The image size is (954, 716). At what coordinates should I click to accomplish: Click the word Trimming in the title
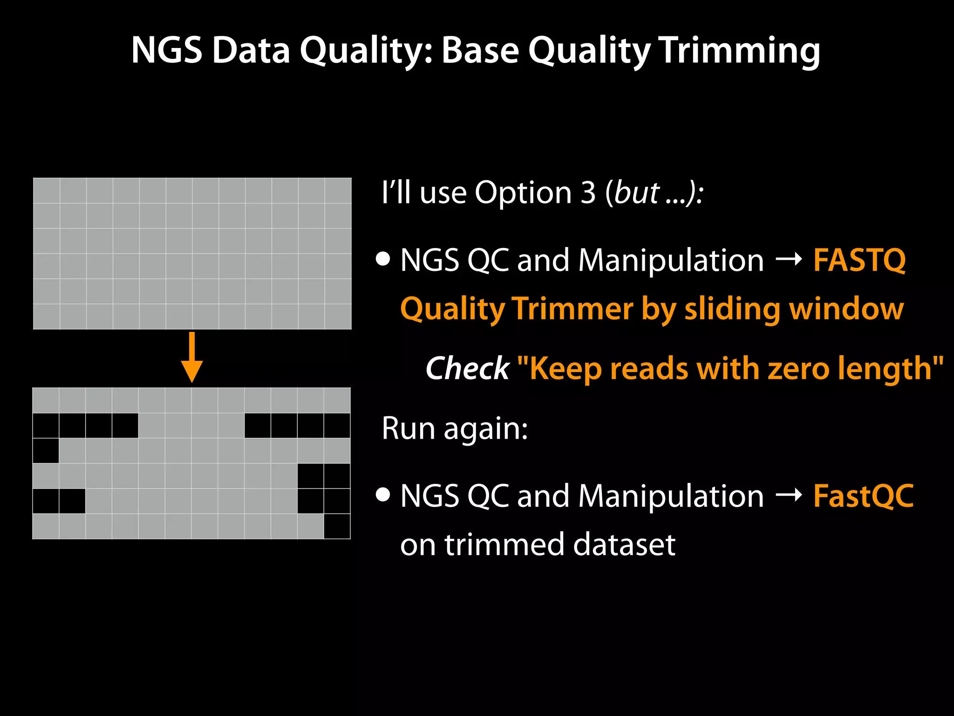(x=740, y=50)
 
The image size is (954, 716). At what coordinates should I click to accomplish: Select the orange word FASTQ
(x=859, y=260)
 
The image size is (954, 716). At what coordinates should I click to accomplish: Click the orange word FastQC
(x=863, y=496)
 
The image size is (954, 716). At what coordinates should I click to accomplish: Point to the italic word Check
(x=467, y=368)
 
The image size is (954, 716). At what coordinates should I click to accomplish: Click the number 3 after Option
(x=588, y=192)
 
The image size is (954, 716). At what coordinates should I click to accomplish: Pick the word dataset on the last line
(x=624, y=544)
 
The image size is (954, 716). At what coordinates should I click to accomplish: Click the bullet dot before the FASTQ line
(x=383, y=259)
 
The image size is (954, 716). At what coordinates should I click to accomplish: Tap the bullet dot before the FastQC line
(x=383, y=495)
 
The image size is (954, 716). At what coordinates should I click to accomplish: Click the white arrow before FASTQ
(x=789, y=259)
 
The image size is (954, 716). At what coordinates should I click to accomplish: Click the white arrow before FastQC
(x=789, y=495)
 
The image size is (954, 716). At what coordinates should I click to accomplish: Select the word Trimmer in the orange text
(x=572, y=309)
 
